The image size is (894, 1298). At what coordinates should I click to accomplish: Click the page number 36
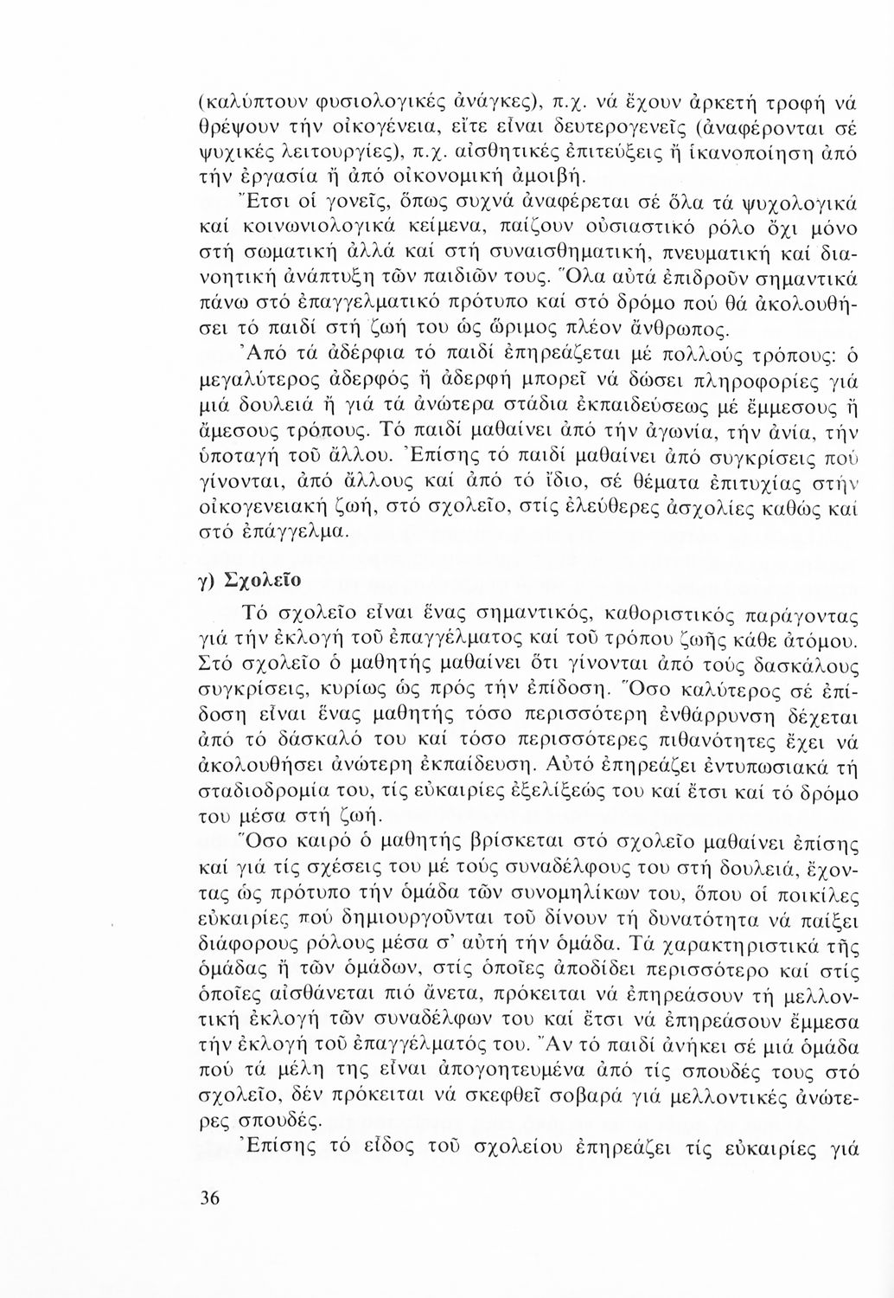[x=209, y=1198]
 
